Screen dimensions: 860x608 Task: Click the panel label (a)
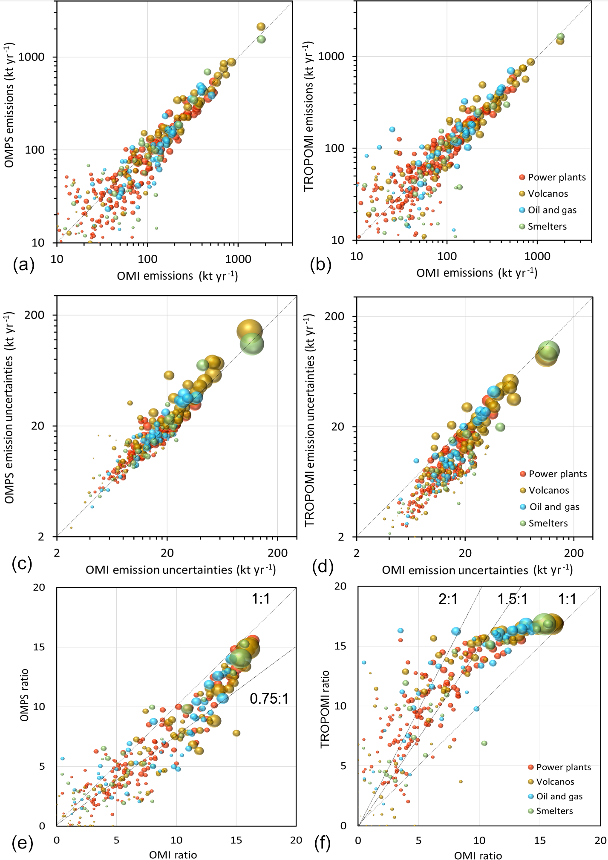tap(23, 265)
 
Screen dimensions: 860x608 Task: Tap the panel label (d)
tap(323, 566)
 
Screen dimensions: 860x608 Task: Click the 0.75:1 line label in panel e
tap(269, 699)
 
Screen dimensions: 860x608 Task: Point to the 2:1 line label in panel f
tap(448, 599)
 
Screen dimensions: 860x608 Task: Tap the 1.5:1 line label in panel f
tap(513, 599)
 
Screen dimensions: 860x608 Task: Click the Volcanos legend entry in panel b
tap(547, 194)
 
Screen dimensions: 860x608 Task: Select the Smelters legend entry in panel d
tap(547, 523)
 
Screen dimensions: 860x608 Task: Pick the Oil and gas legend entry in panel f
tap(559, 796)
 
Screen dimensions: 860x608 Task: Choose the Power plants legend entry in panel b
tap(556, 177)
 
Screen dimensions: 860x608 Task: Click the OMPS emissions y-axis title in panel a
tap(9, 105)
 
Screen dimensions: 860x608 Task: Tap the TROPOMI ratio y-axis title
tap(325, 709)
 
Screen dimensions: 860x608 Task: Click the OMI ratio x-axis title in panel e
tap(173, 854)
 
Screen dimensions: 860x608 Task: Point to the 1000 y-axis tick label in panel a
tap(31, 57)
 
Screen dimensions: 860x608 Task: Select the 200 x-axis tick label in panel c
tap(277, 553)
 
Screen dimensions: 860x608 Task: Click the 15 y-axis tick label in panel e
tap(39, 647)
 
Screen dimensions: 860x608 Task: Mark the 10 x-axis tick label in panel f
tap(479, 840)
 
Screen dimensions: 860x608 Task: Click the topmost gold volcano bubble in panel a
tap(261, 27)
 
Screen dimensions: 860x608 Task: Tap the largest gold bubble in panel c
tap(250, 331)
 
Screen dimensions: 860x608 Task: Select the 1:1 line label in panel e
tap(260, 599)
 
